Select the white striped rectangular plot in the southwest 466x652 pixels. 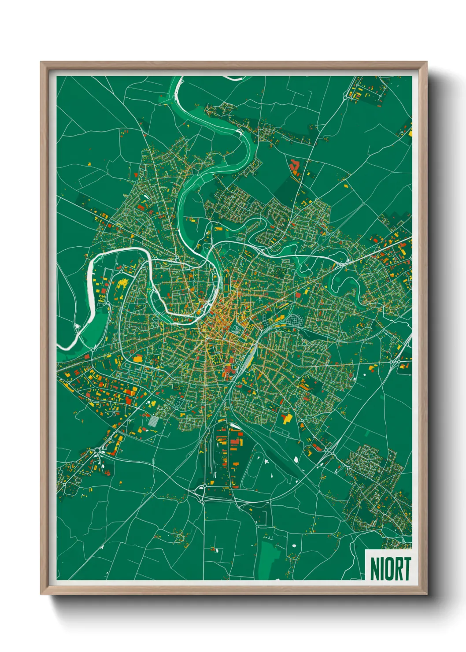152,421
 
